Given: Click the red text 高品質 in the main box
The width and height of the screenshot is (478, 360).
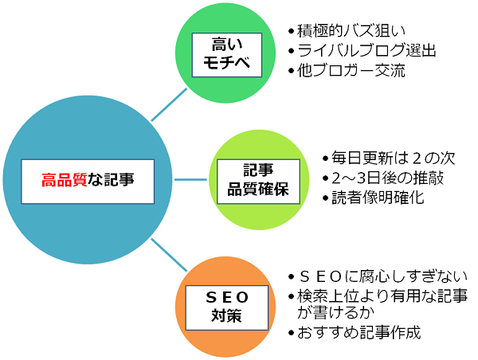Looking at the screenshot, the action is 65,180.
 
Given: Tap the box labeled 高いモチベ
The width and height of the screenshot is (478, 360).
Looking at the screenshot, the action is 227,55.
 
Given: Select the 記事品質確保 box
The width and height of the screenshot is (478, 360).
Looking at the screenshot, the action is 258,181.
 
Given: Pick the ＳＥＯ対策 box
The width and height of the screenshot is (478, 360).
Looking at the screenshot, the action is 227,307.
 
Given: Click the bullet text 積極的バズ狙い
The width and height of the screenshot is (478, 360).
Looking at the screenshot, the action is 351,31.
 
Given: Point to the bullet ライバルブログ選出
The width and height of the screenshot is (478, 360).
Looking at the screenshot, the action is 366,51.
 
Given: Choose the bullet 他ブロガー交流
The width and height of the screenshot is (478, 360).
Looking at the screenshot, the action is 351,70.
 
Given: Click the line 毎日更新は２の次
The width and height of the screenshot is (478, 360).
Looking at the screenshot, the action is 394,158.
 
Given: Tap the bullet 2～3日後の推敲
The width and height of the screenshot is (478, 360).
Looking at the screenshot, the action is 387,178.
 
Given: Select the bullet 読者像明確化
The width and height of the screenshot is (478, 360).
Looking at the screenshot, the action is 378,198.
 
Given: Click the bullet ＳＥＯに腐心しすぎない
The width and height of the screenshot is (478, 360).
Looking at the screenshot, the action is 382,277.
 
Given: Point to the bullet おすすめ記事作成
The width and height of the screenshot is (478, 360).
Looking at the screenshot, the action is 359,333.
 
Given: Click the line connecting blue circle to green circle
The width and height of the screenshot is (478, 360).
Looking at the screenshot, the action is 169,104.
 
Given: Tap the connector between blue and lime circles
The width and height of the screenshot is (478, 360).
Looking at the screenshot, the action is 190,179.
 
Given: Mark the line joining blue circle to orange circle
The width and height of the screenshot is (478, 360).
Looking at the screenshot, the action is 169,255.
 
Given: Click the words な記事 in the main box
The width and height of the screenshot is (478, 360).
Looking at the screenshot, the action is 111,180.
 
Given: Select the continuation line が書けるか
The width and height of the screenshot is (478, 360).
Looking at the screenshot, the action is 335,312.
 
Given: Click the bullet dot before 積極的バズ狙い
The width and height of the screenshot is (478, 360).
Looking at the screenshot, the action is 291,31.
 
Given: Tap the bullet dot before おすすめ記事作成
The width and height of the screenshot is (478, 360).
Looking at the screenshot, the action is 291,333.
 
